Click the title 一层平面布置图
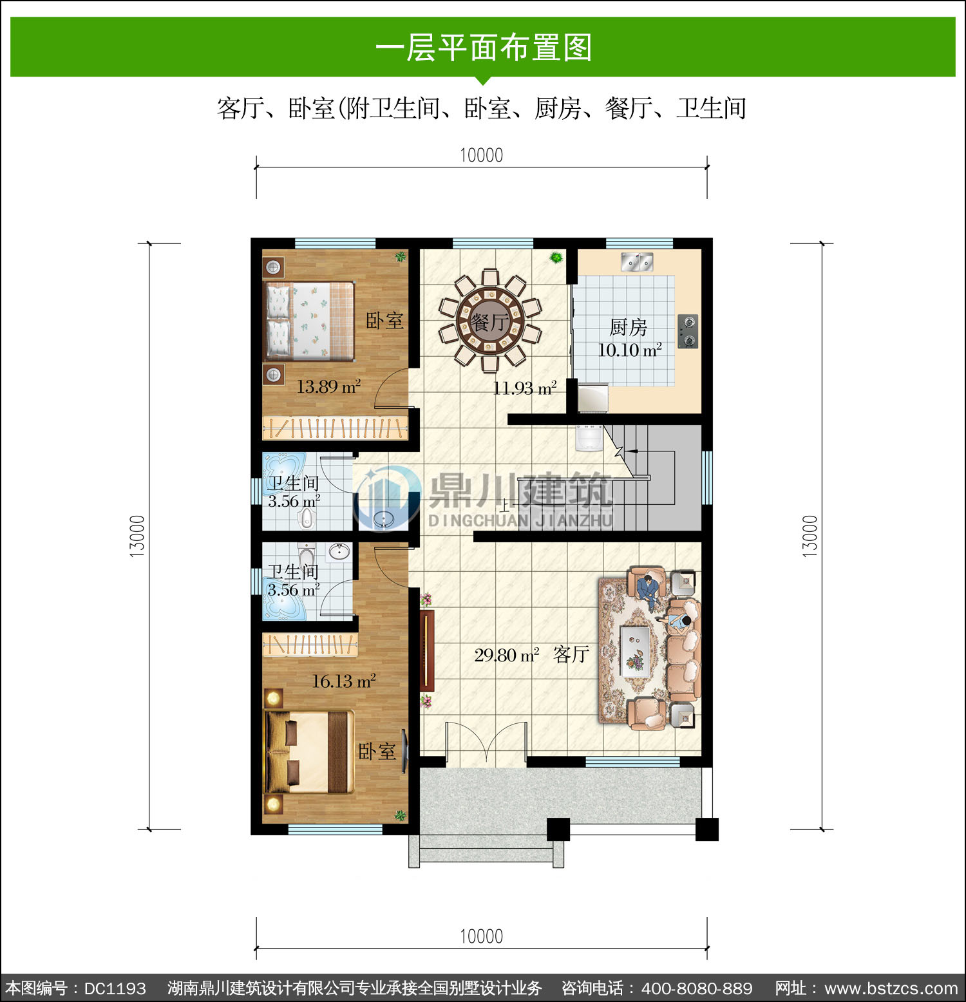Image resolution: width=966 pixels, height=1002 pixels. coord(483,48)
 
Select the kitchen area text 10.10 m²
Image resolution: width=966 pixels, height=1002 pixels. coord(630,350)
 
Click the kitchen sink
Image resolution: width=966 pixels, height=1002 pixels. coord(637,262)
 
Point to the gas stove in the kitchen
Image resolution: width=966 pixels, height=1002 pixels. coord(688,331)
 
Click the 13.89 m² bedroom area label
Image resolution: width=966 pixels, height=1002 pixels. coord(328,386)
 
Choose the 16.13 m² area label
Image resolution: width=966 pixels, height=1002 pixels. coord(344,681)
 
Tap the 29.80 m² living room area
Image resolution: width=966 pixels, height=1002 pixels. coord(507,655)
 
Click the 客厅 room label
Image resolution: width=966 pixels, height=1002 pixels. coord(571,654)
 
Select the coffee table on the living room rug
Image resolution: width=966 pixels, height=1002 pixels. coord(634,651)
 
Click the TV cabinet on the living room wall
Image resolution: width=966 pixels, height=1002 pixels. coord(427,650)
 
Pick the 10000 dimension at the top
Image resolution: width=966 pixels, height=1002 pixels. coord(481,155)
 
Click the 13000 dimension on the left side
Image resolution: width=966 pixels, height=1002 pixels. coord(138,536)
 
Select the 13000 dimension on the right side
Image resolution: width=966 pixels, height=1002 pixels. coord(810,536)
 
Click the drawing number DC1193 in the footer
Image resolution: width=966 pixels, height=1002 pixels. coord(115,988)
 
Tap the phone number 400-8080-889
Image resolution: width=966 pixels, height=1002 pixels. coord(697,988)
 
